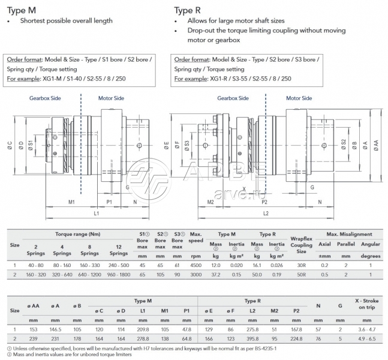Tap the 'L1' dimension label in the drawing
(x=97, y=213)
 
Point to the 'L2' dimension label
(x=266, y=213)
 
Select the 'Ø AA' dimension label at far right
(x=375, y=145)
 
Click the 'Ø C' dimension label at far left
(x=10, y=145)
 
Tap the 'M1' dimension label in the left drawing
(x=71, y=202)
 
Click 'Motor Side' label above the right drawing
(x=299, y=98)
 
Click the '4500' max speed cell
(x=195, y=264)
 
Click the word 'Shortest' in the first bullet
(x=35, y=20)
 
